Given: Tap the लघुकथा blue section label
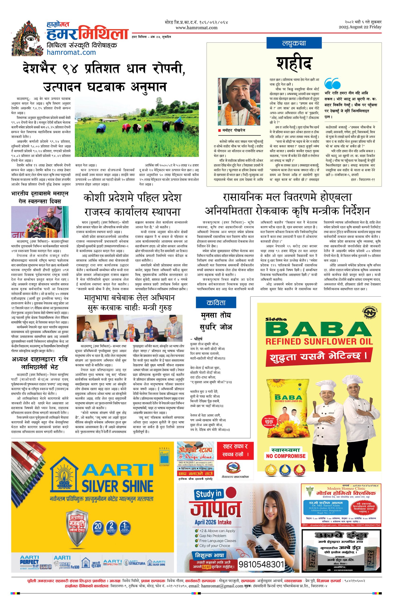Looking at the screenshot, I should pos(294,43).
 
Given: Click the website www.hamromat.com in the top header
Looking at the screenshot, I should pos(196,28).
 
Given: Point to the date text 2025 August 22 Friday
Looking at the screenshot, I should pos(360,27).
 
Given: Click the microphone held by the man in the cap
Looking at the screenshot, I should pos(246,105).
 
